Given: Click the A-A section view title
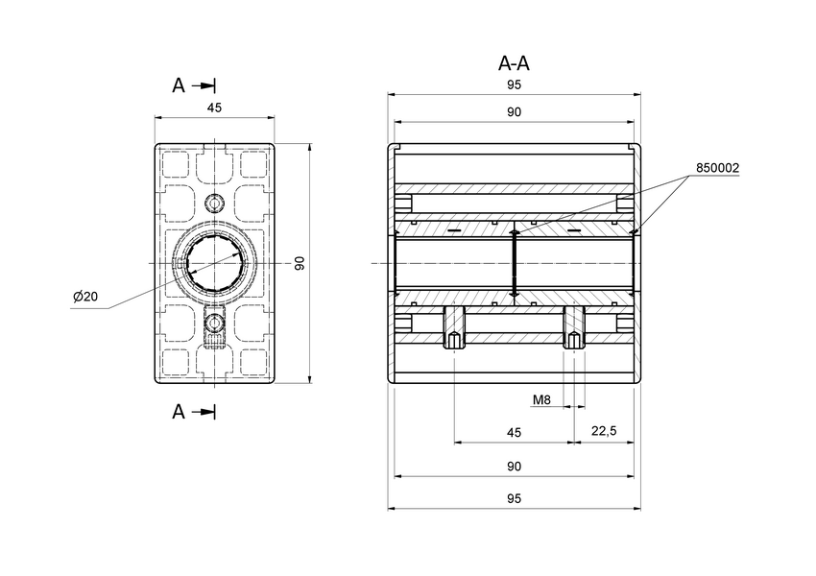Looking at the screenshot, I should tap(514, 64).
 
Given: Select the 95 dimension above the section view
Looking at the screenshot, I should tap(514, 84).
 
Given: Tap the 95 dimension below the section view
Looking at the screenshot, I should tap(514, 499).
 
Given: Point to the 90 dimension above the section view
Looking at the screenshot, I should tap(514, 112).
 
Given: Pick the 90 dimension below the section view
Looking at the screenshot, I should tap(514, 466).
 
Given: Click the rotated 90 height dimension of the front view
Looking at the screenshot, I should tap(300, 263).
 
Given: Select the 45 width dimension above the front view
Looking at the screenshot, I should tap(214, 108).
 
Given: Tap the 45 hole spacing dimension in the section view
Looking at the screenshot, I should tap(514, 433).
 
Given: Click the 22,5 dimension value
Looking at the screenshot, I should tap(604, 433).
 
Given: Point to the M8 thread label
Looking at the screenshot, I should tap(540, 398).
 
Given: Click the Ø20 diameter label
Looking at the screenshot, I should tap(85, 297).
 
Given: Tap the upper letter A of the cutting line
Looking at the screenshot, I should tap(179, 85).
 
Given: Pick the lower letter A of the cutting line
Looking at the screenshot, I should tap(179, 412).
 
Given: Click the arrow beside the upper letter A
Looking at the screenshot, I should tap(204, 85).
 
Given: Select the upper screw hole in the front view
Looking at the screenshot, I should tap(215, 204).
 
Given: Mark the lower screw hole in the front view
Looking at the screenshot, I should tap(215, 323).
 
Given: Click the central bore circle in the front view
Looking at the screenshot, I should tap(215, 263).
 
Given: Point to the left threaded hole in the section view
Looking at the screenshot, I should tap(454, 330).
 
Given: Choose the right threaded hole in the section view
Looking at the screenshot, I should tap(573, 330).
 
